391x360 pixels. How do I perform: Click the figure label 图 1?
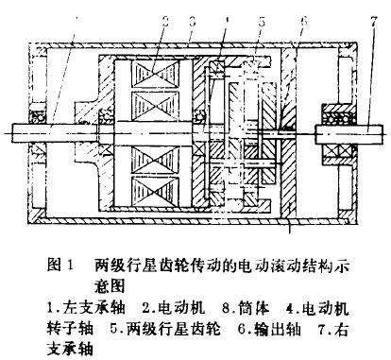pos(58,266)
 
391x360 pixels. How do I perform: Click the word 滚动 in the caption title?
pos(270,266)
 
